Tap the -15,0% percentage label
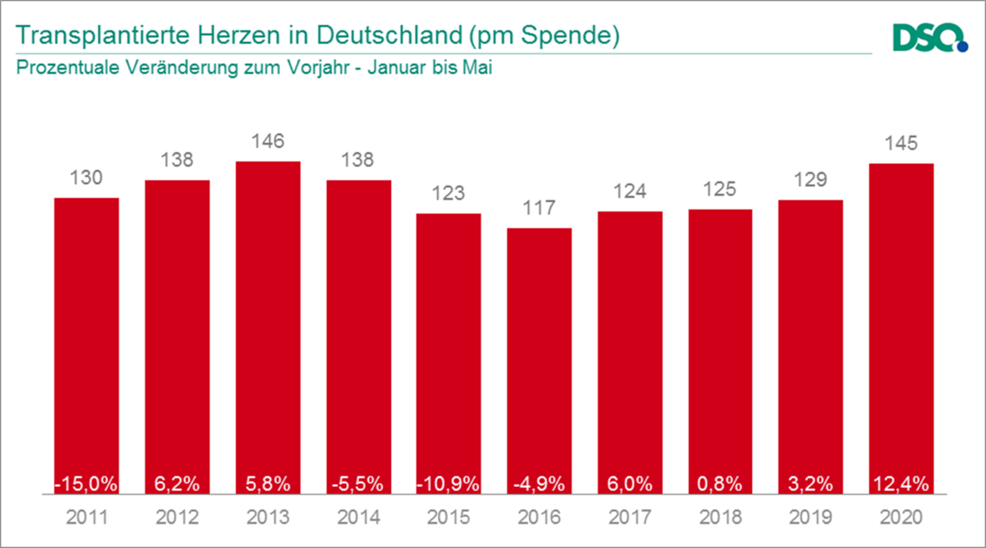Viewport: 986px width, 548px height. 86,483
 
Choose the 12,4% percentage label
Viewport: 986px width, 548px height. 901,483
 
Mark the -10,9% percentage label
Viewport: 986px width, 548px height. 449,483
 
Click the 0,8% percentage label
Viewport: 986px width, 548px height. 720,483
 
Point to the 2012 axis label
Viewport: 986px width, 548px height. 177,518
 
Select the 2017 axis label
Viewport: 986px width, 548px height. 629,518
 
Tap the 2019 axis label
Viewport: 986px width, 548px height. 811,518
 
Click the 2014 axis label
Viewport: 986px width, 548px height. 358,518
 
